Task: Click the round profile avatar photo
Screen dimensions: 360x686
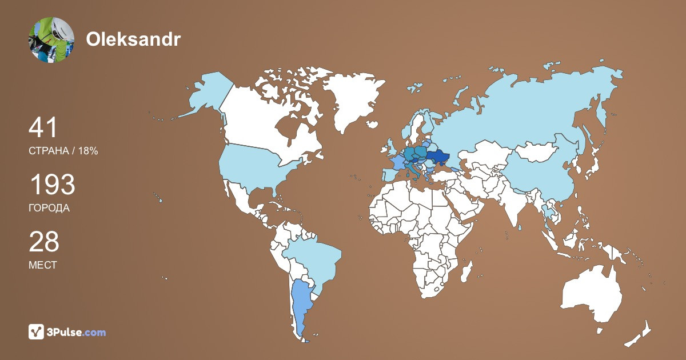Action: point(51,39)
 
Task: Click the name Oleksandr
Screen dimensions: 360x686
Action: point(133,39)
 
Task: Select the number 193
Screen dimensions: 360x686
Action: point(52,185)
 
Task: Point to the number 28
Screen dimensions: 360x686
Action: point(44,241)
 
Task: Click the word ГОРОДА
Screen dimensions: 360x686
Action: point(49,209)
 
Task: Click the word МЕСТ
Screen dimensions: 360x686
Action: point(42,266)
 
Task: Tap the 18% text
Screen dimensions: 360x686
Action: point(87,151)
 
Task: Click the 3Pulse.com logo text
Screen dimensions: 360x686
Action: point(77,332)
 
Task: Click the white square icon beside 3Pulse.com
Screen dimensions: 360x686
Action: point(37,331)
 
